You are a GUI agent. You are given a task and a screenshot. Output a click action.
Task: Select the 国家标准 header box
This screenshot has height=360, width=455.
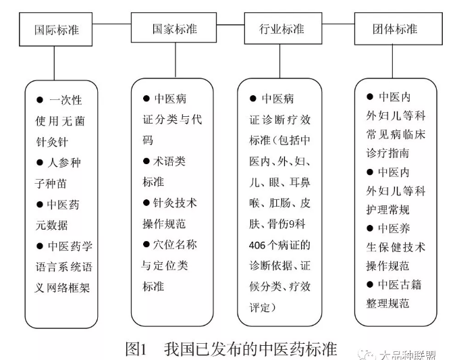[170, 30]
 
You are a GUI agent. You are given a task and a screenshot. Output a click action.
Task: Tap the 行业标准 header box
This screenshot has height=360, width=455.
[282, 30]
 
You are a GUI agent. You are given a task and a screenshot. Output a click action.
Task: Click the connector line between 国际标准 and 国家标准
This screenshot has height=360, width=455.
[112, 25]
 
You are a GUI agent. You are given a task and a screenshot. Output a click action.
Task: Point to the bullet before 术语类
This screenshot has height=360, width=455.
[146, 161]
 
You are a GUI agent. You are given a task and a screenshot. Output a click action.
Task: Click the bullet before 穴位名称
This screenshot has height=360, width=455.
[146, 244]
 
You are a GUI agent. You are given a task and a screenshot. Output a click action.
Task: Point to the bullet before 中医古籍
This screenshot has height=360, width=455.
[370, 284]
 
